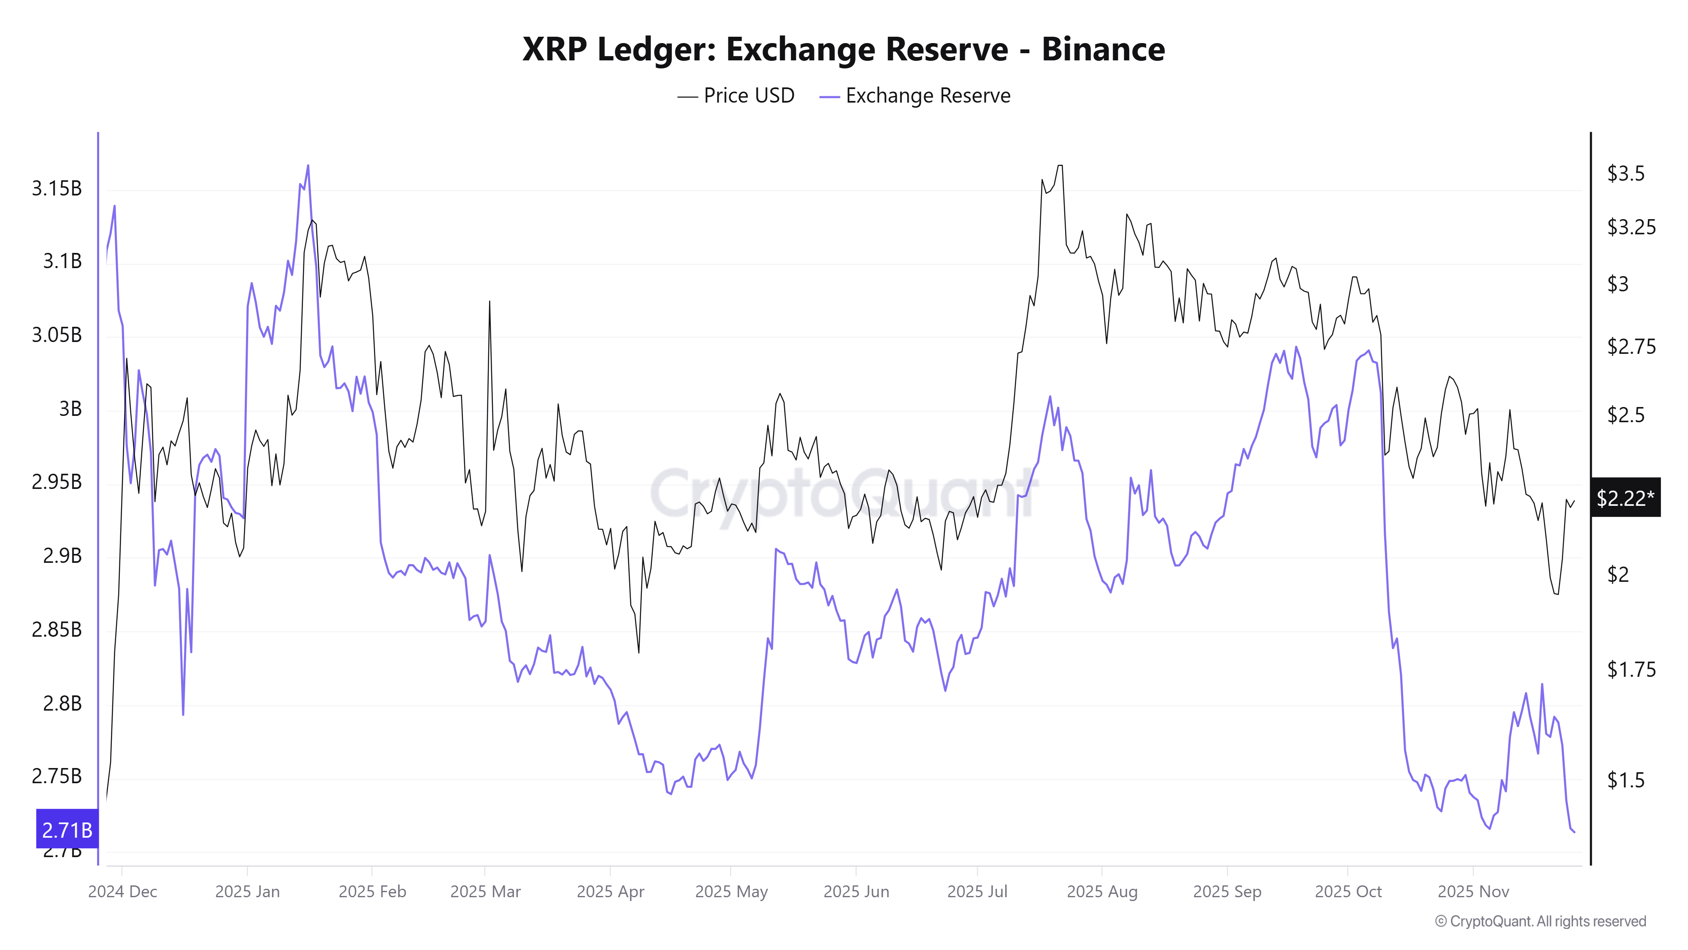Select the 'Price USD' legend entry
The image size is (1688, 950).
coord(736,96)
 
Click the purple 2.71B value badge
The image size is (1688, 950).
coord(67,830)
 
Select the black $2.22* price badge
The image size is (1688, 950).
coord(1625,498)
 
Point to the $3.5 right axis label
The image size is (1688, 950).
coord(1625,174)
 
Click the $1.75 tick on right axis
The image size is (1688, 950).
coord(1630,669)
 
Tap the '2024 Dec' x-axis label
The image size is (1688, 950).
coord(122,892)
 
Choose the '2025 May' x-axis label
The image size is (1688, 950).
coord(730,892)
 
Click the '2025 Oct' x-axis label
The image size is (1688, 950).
coord(1348,892)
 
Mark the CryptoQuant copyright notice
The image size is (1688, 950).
coord(1540,921)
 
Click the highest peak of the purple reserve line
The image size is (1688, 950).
coord(308,166)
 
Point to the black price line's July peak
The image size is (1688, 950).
coord(1060,166)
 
